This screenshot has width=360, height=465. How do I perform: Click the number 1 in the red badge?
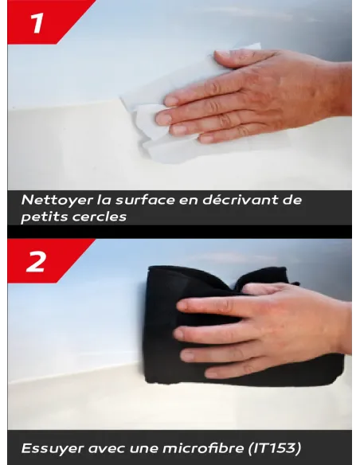pyautogui.click(x=36, y=21)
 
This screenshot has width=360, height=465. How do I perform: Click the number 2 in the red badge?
pyautogui.click(x=36, y=260)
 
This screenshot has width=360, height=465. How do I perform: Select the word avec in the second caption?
pyautogui.click(x=101, y=448)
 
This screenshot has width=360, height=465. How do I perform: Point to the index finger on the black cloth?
pyautogui.click(x=199, y=305)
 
